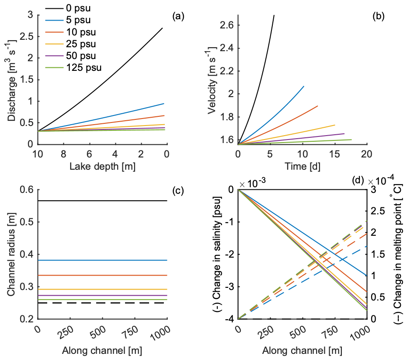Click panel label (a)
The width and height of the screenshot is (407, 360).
178,17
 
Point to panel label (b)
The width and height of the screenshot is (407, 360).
378,17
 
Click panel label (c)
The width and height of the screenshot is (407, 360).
178,190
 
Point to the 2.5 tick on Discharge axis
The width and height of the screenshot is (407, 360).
27,36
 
